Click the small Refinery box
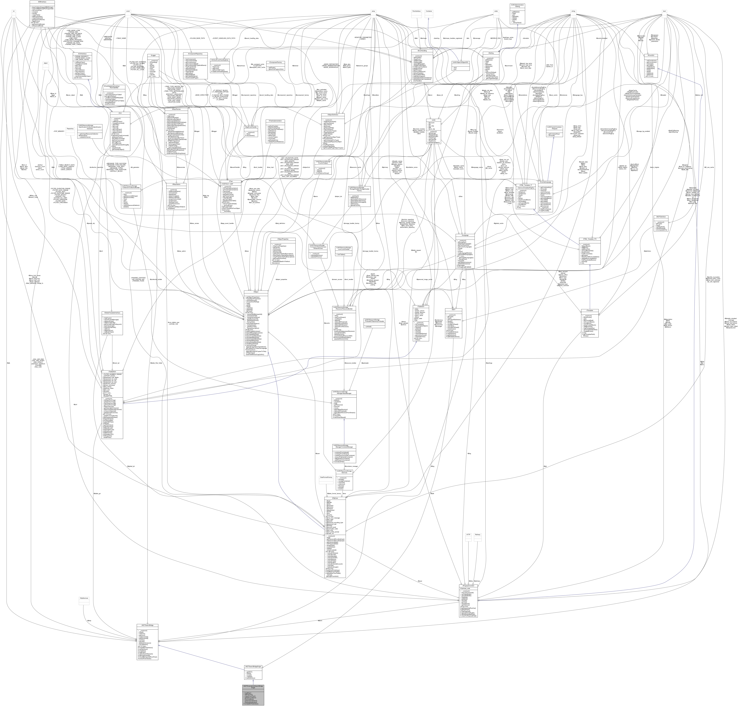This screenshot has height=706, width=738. pyautogui.click(x=477, y=535)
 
